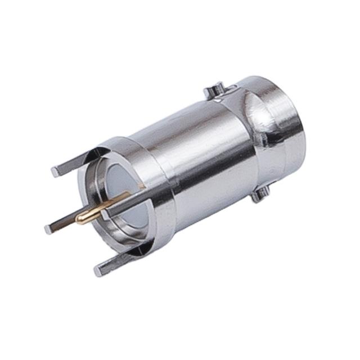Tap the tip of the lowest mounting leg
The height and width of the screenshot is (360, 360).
click(x=98, y=271)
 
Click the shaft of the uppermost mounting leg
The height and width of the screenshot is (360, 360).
click(x=73, y=162)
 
